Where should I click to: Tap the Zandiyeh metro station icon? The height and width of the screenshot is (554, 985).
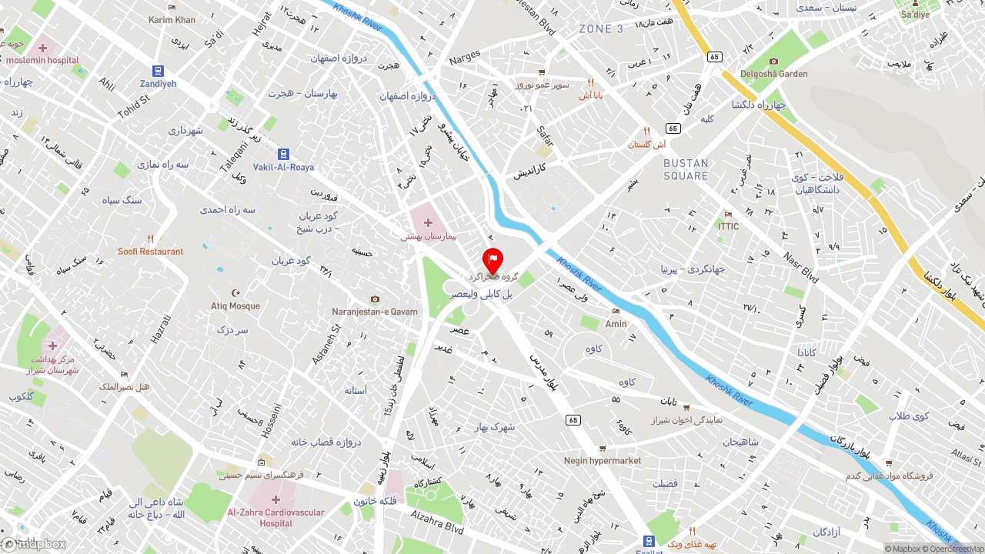[158, 71]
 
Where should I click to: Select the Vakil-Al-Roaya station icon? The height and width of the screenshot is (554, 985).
[283, 155]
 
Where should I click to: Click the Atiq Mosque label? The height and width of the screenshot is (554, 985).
[235, 305]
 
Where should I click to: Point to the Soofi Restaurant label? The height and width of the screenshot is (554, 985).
[151, 252]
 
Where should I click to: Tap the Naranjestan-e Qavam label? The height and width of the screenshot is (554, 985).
[375, 312]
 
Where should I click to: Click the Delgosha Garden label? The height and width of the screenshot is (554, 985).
[773, 74]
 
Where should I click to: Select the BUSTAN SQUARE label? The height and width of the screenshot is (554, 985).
[686, 170]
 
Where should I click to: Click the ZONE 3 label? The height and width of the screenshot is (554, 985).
[601, 29]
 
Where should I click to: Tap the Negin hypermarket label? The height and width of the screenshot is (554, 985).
[603, 461]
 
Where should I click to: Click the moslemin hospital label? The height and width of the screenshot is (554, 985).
[42, 60]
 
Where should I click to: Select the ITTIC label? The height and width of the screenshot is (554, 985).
[728, 226]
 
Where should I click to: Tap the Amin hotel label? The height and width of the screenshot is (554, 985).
[616, 324]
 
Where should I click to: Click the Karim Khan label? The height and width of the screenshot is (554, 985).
[172, 20]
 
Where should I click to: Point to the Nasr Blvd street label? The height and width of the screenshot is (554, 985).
[800, 266]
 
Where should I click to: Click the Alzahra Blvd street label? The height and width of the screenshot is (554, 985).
[436, 522]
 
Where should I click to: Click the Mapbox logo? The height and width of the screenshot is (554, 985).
[34, 544]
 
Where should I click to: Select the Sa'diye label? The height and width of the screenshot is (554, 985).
[915, 15]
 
